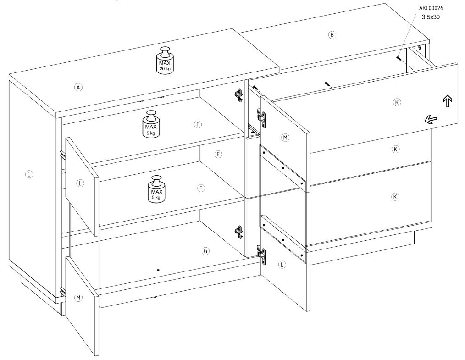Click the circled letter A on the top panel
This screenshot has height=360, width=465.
pyautogui.click(x=78, y=87)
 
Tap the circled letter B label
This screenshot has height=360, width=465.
pyautogui.click(x=332, y=35)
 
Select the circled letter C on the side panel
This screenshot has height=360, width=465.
pyautogui.click(x=29, y=174)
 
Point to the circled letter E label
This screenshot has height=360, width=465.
pyautogui.click(x=218, y=154)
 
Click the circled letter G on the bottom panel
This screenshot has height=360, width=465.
pyautogui.click(x=205, y=251)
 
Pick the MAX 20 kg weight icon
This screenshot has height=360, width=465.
pyautogui.click(x=165, y=60)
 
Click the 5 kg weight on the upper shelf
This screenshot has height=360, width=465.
pyautogui.click(x=151, y=124)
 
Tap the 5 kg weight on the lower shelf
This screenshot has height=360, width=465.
pyautogui.click(x=157, y=189)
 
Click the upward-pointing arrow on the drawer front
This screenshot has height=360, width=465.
pyautogui.click(x=448, y=101)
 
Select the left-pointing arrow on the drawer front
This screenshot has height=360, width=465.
pyautogui.click(x=431, y=120)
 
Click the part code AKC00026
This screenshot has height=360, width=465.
pyautogui.click(x=431, y=8)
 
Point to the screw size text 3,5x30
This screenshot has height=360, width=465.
pyautogui.click(x=431, y=17)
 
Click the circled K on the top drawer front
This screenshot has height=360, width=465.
pyautogui.click(x=397, y=102)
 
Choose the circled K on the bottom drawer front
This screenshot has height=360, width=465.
pyautogui.click(x=395, y=197)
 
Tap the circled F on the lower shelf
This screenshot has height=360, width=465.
pyautogui.click(x=201, y=188)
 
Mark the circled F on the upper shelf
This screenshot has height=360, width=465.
pyautogui.click(x=198, y=124)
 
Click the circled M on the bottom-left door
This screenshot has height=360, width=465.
pyautogui.click(x=78, y=298)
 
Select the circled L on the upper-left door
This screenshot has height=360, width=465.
pyautogui.click(x=80, y=183)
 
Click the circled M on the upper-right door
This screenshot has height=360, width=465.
pyautogui.click(x=285, y=138)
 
